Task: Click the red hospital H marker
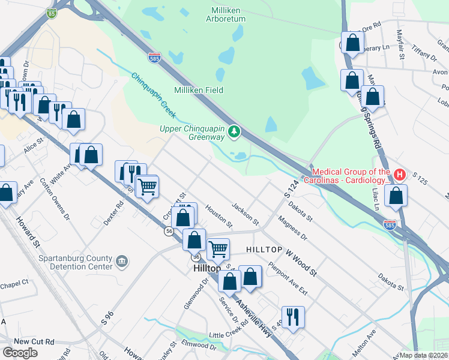tap(399, 176)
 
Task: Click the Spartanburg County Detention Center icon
tap(122, 262)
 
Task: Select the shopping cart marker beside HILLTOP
tap(218, 248)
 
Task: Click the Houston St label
tap(218, 216)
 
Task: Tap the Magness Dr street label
tap(292, 229)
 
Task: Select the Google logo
tap(20, 352)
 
